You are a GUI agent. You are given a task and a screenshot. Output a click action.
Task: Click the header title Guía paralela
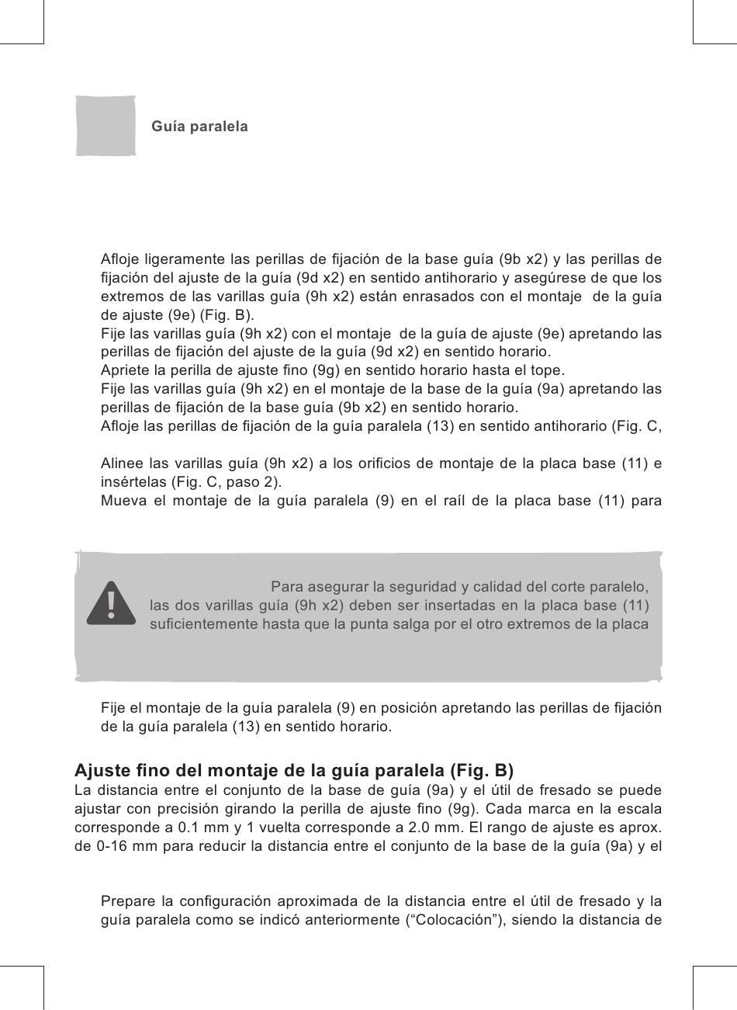pyautogui.click(x=199, y=127)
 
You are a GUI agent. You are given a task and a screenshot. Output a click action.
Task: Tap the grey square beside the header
pyautogui.click(x=106, y=126)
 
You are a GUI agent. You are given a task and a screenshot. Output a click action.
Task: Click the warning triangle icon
pyautogui.click(x=112, y=603)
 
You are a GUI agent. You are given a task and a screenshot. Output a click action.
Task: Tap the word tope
pyautogui.click(x=548, y=370)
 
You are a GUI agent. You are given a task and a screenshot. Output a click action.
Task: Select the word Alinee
pyautogui.click(x=123, y=464)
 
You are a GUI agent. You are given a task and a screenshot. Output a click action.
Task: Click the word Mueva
pyautogui.click(x=123, y=501)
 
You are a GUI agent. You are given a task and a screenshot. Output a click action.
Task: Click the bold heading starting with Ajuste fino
pyautogui.click(x=294, y=771)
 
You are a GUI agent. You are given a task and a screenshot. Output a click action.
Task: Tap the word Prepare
pyautogui.click(x=128, y=902)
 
